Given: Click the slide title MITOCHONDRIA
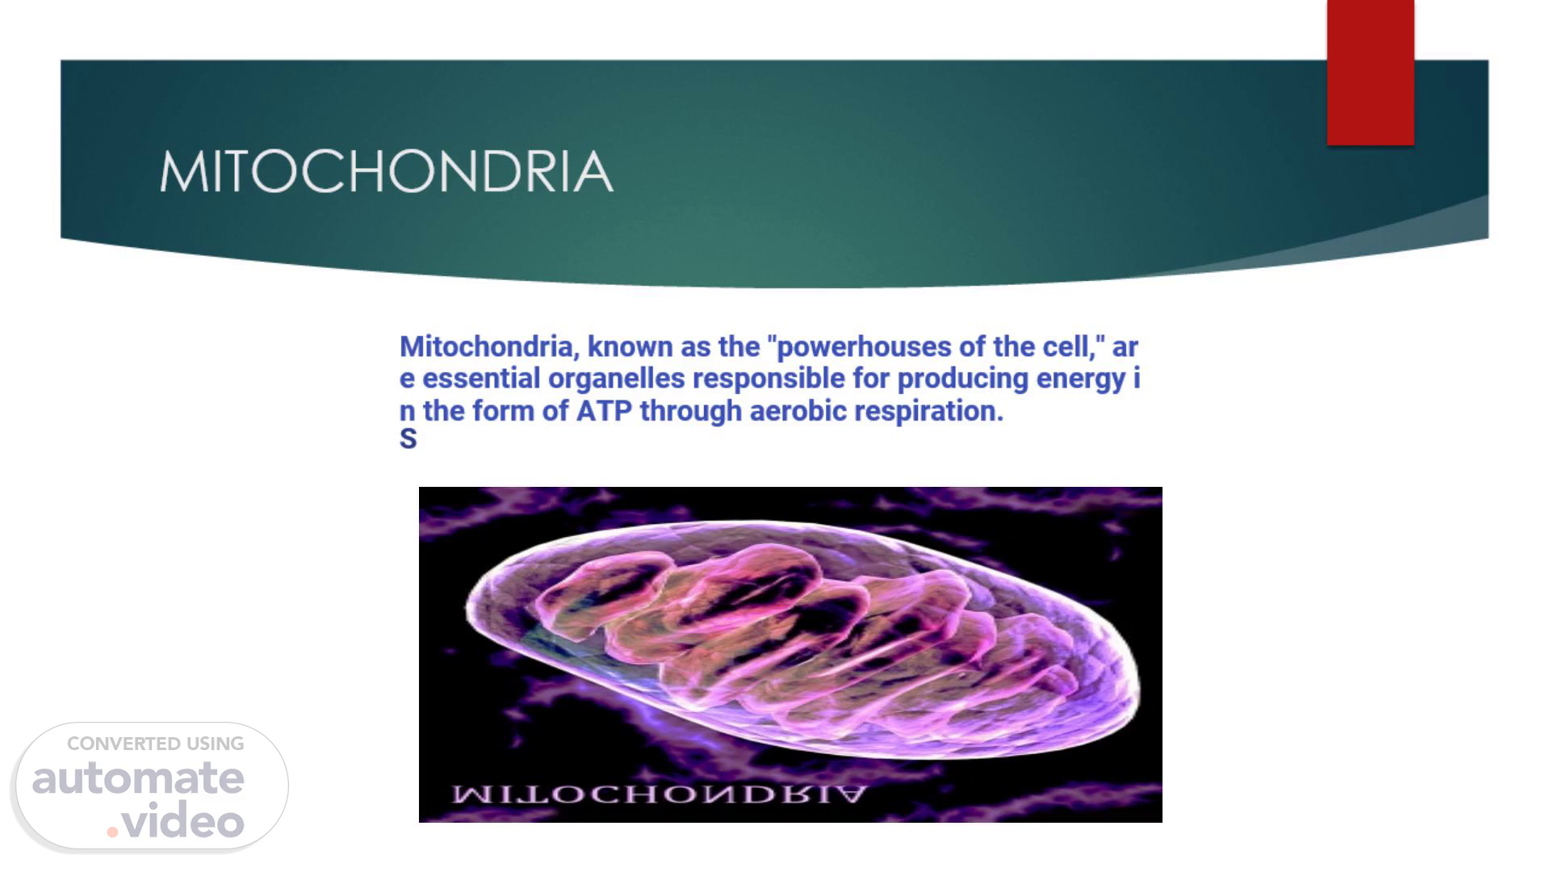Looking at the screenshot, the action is pyautogui.click(x=386, y=171).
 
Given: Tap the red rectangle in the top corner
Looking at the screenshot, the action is pyautogui.click(x=1370, y=73).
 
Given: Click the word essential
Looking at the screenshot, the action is pyautogui.click(x=481, y=379).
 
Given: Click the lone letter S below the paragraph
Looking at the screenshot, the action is pyautogui.click(x=408, y=438).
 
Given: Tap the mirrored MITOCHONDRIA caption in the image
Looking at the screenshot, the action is pyautogui.click(x=659, y=794).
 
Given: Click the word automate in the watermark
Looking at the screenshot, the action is pyautogui.click(x=138, y=778).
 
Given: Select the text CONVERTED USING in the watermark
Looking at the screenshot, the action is pyautogui.click(x=155, y=744).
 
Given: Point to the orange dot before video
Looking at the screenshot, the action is pyautogui.click(x=112, y=832).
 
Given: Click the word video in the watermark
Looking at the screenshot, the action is pyautogui.click(x=183, y=821).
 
